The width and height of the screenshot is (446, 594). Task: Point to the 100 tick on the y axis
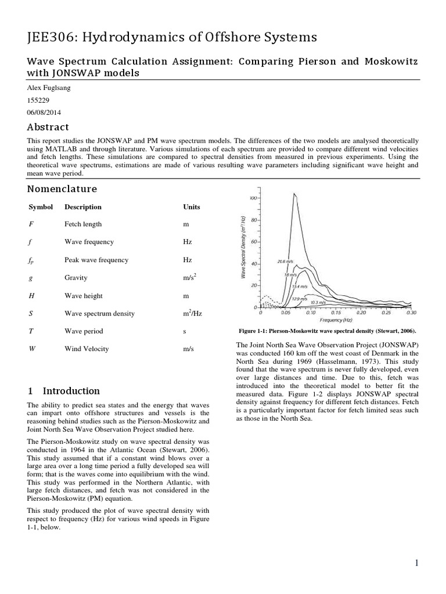point(253,198)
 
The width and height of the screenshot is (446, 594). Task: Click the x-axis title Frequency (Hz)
point(336,320)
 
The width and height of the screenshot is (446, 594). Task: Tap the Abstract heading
point(48,127)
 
